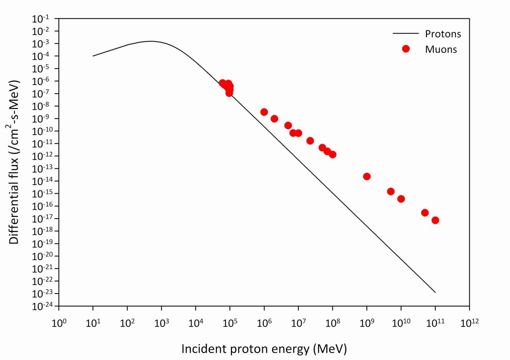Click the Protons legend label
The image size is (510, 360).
tap(443, 34)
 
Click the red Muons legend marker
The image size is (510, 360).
tap(406, 49)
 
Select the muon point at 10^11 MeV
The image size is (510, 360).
tap(435, 220)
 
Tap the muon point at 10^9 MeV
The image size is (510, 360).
tap(367, 177)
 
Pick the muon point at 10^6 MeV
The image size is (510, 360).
tap(264, 112)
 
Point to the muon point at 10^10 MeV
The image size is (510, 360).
tap(401, 199)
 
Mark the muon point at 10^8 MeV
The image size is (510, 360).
tap(332, 154)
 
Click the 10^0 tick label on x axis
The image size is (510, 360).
tap(59, 323)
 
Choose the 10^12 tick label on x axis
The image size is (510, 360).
tap(469, 323)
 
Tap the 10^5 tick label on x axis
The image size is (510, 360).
tap(230, 323)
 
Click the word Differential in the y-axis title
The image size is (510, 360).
tap(14, 214)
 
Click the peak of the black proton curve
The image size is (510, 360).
tap(151, 41)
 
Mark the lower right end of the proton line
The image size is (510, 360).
tap(435, 292)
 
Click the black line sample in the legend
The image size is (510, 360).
tap(406, 34)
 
